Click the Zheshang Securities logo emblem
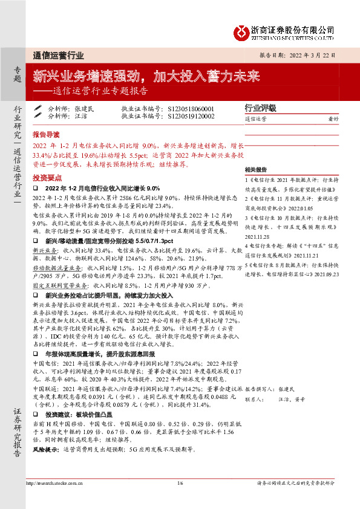(244, 31)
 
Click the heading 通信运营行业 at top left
(58, 55)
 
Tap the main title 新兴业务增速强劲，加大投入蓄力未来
(146, 77)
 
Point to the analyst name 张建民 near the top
(85, 109)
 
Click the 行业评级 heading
(260, 108)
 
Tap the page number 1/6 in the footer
(180, 483)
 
